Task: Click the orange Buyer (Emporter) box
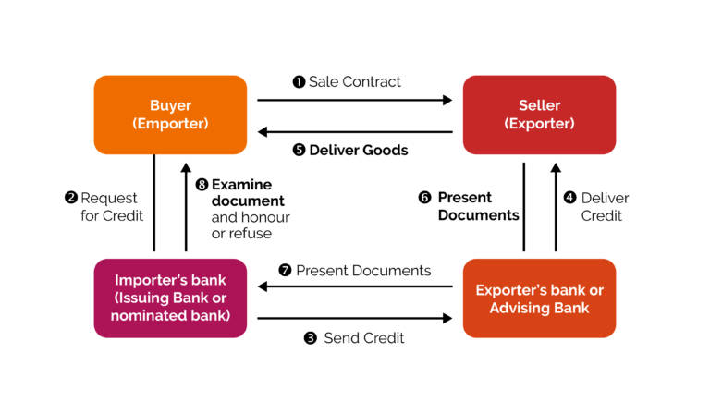click(x=170, y=115)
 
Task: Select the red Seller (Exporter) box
click(x=539, y=115)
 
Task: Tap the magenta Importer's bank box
click(x=170, y=298)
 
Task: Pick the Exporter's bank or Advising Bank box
click(x=539, y=298)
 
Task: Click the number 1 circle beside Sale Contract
click(x=299, y=82)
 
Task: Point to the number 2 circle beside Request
click(x=71, y=198)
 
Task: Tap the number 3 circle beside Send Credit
click(x=311, y=338)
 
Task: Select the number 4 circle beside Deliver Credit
click(x=570, y=198)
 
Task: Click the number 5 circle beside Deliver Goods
click(x=299, y=150)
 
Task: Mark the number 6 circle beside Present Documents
click(x=424, y=198)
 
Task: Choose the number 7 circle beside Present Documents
click(x=285, y=271)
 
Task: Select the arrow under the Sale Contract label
click(x=355, y=100)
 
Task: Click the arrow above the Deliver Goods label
click(x=355, y=132)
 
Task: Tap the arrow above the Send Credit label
click(x=355, y=318)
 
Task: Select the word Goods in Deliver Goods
click(x=384, y=150)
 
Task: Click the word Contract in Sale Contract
click(x=372, y=82)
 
